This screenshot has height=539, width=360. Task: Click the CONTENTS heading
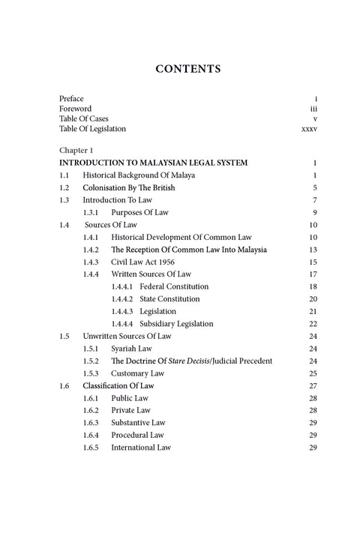pyautogui.click(x=187, y=69)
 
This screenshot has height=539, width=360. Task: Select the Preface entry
pyautogui.click(x=72, y=99)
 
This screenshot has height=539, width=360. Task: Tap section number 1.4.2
pyautogui.click(x=91, y=249)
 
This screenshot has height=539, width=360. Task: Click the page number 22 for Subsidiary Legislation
pyautogui.click(x=314, y=324)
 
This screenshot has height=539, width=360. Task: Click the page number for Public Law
pyautogui.click(x=314, y=398)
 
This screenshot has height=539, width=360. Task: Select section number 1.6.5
pyautogui.click(x=91, y=448)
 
